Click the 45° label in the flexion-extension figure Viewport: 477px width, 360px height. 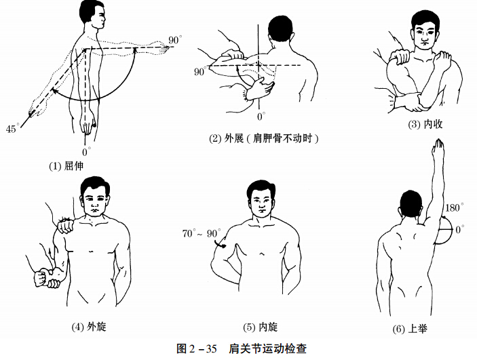click(12, 127)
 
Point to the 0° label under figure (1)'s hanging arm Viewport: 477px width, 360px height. click(85, 152)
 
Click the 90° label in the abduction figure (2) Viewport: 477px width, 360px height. click(200, 71)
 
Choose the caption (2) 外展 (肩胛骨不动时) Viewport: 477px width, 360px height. click(264, 138)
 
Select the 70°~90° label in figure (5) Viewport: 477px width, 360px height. click(201, 233)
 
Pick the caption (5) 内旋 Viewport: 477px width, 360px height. click(259, 326)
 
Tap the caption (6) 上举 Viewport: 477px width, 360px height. click(409, 329)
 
